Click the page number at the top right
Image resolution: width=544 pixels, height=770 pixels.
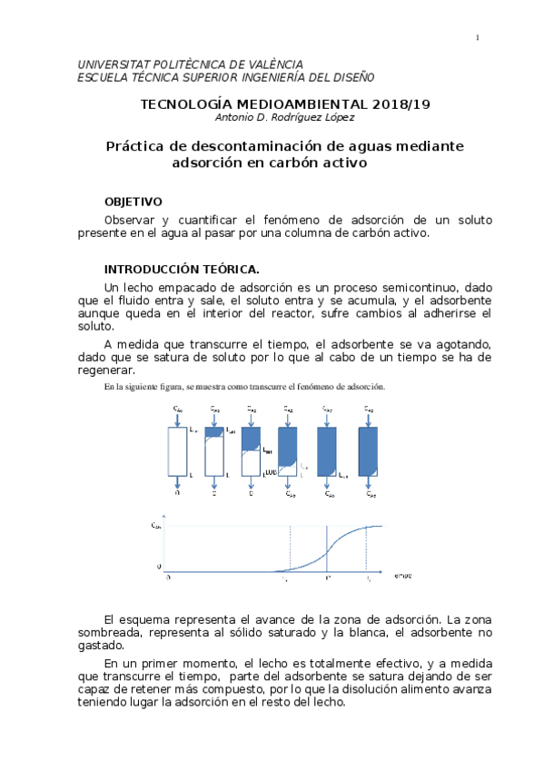point(478,37)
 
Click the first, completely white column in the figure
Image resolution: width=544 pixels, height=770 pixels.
point(177,450)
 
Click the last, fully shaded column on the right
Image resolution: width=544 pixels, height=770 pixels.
point(368,450)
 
